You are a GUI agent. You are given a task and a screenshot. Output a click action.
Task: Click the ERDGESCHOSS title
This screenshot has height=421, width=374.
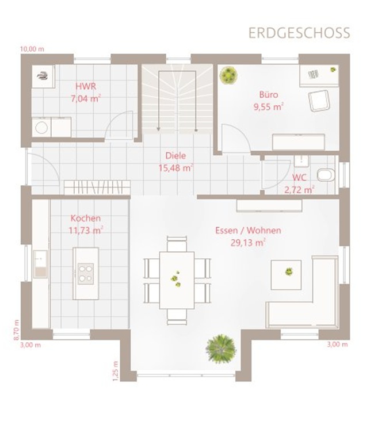click(299, 33)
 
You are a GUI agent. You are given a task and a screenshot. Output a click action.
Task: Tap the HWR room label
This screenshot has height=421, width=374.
click(86, 86)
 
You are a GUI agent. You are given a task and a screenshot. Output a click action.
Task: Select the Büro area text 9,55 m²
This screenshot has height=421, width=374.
click(269, 107)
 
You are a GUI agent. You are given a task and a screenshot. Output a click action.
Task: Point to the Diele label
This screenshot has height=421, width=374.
click(175, 156)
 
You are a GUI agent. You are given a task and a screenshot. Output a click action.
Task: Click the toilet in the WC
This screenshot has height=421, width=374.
click(326, 175)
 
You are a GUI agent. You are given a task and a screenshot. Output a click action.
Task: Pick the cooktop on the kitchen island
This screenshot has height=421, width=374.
click(86, 274)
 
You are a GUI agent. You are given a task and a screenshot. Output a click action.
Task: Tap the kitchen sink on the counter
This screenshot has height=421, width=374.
click(40, 264)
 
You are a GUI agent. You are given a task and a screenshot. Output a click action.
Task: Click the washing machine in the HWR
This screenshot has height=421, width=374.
click(41, 128)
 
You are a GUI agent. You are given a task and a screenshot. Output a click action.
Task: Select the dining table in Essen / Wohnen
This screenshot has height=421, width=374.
click(177, 280)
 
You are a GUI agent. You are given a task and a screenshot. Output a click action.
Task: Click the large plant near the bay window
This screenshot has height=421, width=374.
click(221, 349)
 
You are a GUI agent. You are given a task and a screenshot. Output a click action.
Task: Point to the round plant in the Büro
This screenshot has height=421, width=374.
click(228, 75)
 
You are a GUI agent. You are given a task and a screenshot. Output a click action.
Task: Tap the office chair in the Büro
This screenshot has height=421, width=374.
click(319, 101)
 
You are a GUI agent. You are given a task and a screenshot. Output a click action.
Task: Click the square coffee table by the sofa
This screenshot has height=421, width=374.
click(286, 275)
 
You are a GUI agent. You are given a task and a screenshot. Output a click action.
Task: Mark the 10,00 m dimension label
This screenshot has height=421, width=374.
click(32, 49)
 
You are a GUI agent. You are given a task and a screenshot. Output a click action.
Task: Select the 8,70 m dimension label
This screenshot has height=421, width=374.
click(16, 330)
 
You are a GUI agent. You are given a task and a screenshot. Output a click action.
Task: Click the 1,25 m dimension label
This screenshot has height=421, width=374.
click(115, 371)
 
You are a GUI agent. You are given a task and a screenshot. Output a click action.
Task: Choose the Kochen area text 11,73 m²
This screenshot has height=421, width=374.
click(86, 231)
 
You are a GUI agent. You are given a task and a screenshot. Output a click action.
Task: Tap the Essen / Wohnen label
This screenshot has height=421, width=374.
click(248, 231)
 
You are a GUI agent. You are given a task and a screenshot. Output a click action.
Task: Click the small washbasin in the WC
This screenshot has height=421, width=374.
click(302, 161)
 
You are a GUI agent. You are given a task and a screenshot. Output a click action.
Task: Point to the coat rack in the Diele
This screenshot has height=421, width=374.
click(97, 187)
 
